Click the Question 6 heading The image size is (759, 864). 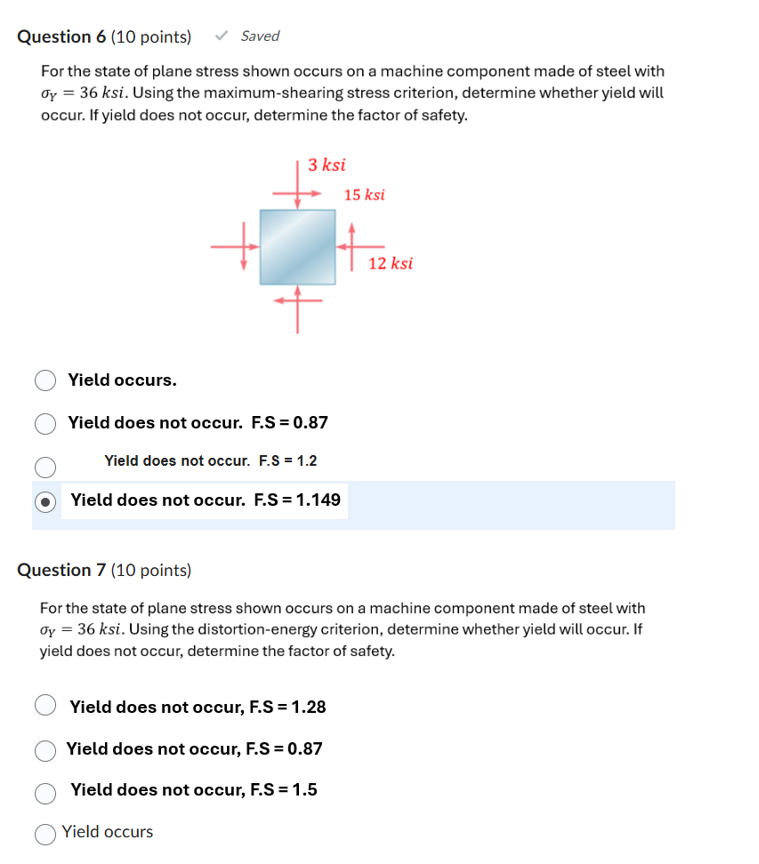coord(104,36)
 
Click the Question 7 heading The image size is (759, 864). coord(104,570)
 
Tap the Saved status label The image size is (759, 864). coord(260,36)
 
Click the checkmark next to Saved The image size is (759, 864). coord(222,36)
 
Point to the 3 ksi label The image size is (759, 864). coord(327,164)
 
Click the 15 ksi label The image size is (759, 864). coord(364,195)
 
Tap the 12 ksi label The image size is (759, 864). coord(391,263)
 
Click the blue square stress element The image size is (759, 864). coord(297,246)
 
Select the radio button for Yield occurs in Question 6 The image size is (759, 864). coord(45,380)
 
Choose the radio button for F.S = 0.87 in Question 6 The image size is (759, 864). coord(45,423)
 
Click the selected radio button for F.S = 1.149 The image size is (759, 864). coord(45,500)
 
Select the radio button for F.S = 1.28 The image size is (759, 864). coord(45,707)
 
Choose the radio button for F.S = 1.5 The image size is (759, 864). coord(45,790)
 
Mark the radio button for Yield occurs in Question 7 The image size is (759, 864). coord(45,833)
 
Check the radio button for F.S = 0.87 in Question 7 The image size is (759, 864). coord(45,749)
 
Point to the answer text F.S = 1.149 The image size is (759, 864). coord(297,500)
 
